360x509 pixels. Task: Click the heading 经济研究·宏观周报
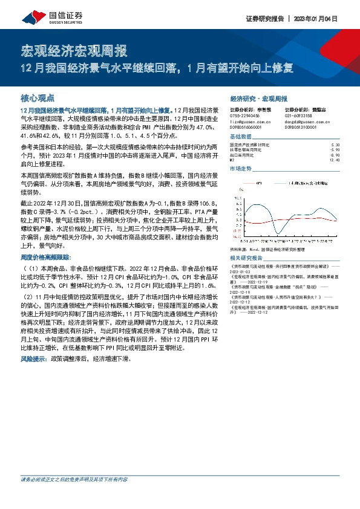tap(259, 98)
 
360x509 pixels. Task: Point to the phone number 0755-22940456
tap(244, 115)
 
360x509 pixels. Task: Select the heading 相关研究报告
tap(246, 257)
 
